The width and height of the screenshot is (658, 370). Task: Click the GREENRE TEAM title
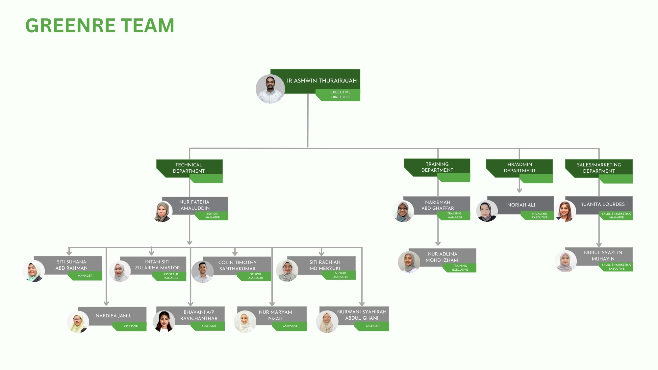(100, 26)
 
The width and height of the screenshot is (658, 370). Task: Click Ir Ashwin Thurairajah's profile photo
(270, 89)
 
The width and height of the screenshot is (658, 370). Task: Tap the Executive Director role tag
(340, 95)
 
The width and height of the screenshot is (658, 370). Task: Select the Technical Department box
(189, 168)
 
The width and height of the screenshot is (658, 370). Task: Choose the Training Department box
(437, 167)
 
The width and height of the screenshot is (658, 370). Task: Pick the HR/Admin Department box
(519, 168)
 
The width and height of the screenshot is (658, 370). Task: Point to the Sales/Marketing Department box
(599, 168)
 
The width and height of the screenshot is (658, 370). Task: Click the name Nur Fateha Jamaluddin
(194, 205)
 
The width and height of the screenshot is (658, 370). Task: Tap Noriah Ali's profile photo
(487, 211)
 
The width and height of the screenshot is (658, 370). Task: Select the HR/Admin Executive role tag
(539, 216)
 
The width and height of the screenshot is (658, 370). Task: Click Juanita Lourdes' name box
(603, 204)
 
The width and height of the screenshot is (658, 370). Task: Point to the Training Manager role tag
(455, 215)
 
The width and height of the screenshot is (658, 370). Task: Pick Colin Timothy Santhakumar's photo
(202, 272)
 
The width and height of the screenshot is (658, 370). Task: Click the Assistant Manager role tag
(171, 276)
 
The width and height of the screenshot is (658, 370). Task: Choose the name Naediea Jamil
(114, 316)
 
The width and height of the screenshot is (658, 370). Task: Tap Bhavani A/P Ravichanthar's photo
(164, 321)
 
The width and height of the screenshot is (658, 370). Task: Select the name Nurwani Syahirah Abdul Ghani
(362, 315)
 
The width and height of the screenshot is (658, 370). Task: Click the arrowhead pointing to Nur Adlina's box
(438, 243)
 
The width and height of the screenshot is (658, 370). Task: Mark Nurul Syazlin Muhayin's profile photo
(565, 261)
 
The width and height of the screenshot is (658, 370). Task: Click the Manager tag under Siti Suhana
(85, 276)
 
